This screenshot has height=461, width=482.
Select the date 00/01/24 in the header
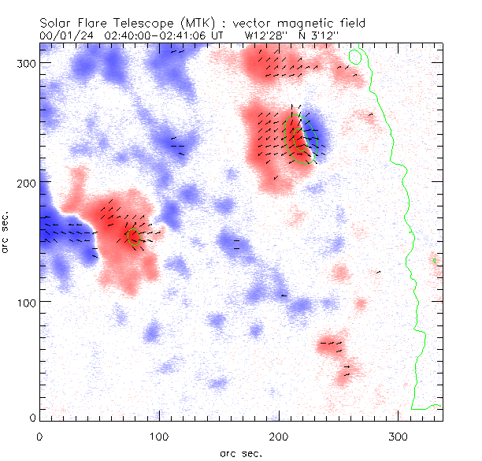(x=61, y=36)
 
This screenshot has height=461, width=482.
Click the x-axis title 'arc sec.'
(x=241, y=453)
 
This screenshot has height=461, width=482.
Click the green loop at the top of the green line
(x=355, y=57)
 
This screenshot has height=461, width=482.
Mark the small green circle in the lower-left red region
(x=133, y=236)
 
